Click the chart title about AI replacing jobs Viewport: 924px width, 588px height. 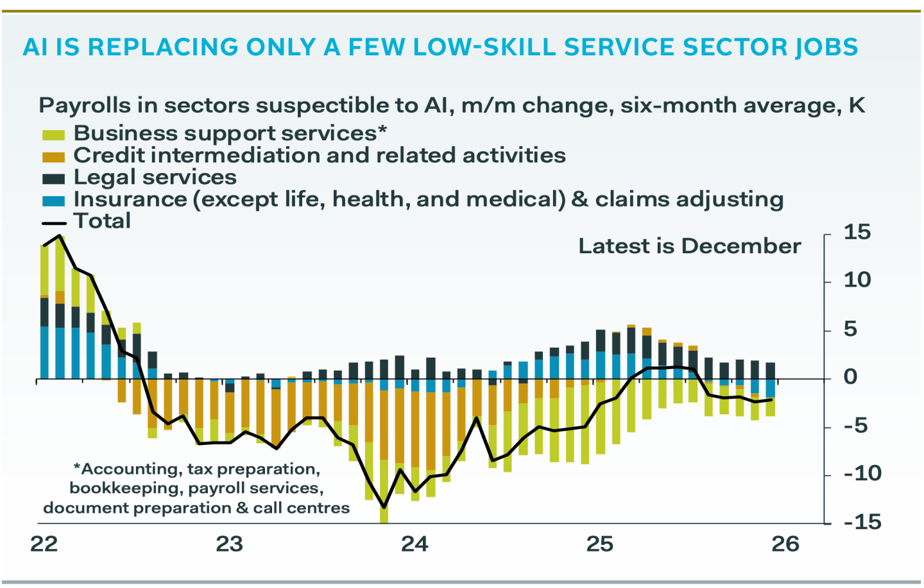click(440, 47)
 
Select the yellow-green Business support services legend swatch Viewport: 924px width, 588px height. click(53, 135)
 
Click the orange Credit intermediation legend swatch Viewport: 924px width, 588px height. click(53, 156)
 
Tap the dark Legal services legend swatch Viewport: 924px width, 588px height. click(53, 179)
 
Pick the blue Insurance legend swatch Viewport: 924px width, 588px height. click(53, 201)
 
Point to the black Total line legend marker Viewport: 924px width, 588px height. click(54, 223)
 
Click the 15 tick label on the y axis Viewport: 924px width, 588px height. click(857, 232)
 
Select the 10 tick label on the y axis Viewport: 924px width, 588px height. click(857, 280)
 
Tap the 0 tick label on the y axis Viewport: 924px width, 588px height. click(850, 377)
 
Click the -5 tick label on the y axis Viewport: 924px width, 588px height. click(857, 426)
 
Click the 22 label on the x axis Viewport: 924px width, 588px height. click(44, 544)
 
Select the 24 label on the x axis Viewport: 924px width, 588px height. click(415, 544)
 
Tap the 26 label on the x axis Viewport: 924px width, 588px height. click(785, 544)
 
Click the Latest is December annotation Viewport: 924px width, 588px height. click(689, 246)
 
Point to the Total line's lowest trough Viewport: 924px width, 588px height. click(384, 507)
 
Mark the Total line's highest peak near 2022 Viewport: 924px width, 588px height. click(60, 235)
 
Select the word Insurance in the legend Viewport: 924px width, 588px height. click(130, 199)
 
